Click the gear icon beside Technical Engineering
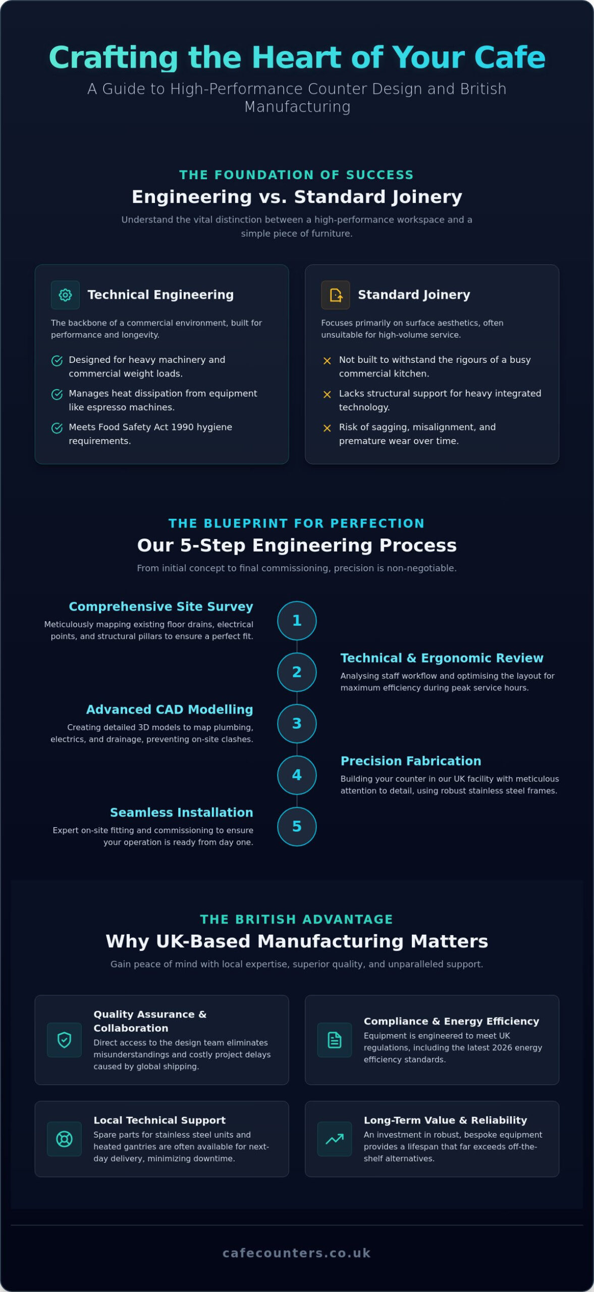tap(65, 295)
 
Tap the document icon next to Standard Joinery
tap(336, 295)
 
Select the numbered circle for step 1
tap(297, 620)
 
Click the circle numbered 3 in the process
tap(297, 723)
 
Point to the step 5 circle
tap(297, 826)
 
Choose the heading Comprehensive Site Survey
tap(161, 607)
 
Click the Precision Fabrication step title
tap(411, 761)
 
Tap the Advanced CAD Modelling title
tap(170, 710)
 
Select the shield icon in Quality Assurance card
tap(64, 1040)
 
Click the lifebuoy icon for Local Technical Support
tap(64, 1139)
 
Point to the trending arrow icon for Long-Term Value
tap(335, 1139)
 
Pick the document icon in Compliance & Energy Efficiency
tap(335, 1040)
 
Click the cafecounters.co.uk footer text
tap(297, 1253)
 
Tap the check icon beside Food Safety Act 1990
tap(57, 428)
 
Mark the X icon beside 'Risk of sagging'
tap(327, 428)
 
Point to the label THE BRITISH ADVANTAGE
tap(297, 919)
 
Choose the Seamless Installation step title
tap(182, 812)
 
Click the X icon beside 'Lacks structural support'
tap(327, 394)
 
